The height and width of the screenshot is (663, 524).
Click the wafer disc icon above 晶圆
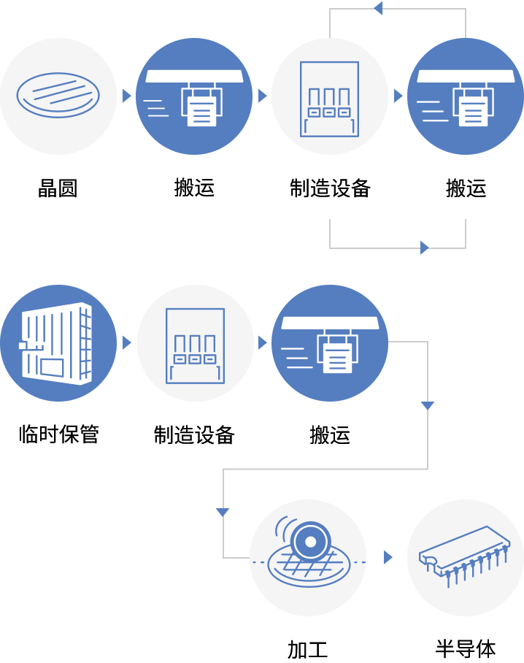point(58,96)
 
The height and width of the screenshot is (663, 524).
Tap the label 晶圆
point(58,188)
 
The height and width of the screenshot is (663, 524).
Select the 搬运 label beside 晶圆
point(194,188)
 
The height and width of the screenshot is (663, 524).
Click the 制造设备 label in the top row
point(330,188)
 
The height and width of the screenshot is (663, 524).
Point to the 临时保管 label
point(58,435)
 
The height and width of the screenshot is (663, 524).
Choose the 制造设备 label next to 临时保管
point(194,435)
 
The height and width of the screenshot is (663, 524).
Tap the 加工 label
point(307,648)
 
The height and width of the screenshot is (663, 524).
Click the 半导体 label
point(466,648)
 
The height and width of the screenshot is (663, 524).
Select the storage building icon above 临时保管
point(58,342)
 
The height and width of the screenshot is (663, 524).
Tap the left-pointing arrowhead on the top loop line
point(377,8)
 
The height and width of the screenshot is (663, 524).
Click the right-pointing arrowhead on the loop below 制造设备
point(425,248)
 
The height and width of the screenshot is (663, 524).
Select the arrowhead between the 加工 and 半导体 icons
point(388,557)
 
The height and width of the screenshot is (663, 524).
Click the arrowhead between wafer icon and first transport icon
point(127,96)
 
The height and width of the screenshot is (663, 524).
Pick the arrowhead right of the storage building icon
point(127,342)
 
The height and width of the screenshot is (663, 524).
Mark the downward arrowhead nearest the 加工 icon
point(223,512)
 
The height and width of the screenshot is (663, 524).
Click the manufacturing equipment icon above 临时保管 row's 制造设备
point(194,342)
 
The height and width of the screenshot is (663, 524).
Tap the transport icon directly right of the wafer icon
point(194,96)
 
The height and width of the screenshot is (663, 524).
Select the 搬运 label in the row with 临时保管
point(330,435)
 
